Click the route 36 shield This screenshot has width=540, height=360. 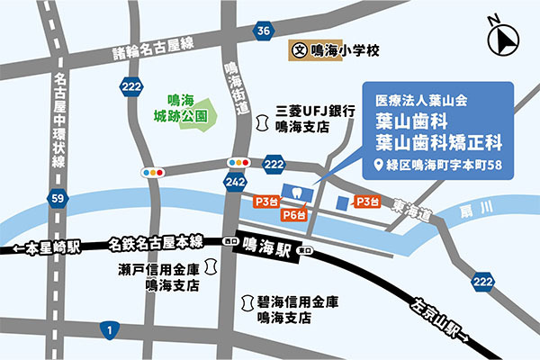[x=262, y=31]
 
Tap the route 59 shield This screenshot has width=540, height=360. [x=58, y=197]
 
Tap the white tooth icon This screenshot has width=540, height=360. [x=292, y=192]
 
